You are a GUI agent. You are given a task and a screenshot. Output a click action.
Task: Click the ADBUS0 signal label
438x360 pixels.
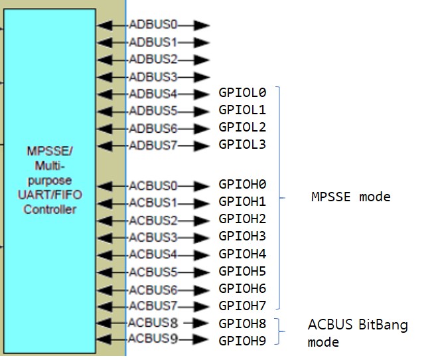(x=153, y=25)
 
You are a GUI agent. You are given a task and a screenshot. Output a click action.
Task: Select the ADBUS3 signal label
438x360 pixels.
(x=153, y=77)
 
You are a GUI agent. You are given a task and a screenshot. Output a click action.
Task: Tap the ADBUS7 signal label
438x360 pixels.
(x=153, y=145)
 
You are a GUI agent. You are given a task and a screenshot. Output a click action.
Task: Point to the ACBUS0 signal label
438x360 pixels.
(x=153, y=185)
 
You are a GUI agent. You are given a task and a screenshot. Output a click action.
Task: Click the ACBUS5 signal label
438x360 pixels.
(x=153, y=272)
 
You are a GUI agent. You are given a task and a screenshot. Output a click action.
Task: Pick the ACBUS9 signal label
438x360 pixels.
(x=153, y=339)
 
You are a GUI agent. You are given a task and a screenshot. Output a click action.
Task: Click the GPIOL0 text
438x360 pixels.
(x=242, y=93)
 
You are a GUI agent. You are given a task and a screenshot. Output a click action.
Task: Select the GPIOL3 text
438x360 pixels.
(x=242, y=144)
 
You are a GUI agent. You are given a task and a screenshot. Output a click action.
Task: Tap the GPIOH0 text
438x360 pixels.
(x=242, y=184)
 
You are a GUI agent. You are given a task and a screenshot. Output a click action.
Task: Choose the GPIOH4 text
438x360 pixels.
(x=242, y=254)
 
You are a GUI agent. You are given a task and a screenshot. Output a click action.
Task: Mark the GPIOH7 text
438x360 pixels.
(x=242, y=306)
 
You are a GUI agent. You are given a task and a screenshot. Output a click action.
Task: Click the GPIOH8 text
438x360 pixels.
(x=242, y=323)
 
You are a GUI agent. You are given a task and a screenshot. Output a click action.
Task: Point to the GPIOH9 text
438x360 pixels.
(x=242, y=341)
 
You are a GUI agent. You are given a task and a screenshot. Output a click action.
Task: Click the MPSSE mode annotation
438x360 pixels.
(x=351, y=197)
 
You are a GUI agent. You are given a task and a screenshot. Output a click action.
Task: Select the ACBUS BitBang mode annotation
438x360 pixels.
(x=357, y=333)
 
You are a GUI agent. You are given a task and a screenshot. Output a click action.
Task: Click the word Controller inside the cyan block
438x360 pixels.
(x=50, y=210)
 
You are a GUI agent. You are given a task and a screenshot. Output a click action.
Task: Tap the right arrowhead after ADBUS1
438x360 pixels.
(x=202, y=43)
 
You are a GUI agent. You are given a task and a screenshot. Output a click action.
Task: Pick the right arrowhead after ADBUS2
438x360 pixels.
(x=202, y=60)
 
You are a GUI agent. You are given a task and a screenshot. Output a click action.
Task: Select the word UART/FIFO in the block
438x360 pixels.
(x=50, y=195)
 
